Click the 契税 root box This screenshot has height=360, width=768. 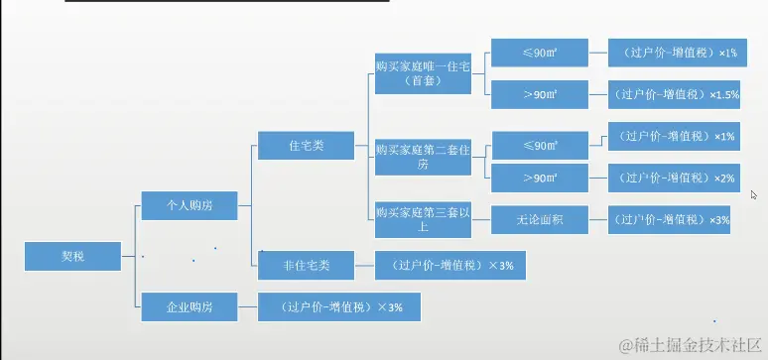click(72, 256)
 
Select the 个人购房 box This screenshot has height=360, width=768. click(190, 205)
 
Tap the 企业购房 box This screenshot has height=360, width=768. click(190, 307)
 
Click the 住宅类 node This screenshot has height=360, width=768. click(306, 146)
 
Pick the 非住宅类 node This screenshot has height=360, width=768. click(306, 265)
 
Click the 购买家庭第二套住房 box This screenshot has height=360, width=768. click(423, 157)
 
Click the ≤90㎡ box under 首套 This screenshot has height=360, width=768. click(539, 52)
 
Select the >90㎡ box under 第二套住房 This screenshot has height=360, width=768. click(539, 179)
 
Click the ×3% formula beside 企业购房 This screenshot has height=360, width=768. click(337, 307)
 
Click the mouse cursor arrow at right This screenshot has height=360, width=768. click(754, 195)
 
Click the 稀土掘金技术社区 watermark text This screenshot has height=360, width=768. click(690, 344)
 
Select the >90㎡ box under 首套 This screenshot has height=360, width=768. click(539, 94)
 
